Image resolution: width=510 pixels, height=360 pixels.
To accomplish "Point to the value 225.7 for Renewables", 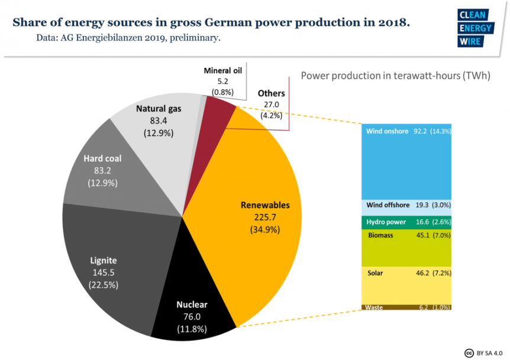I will click(265, 217).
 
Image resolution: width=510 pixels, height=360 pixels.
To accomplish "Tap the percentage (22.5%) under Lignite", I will click(104, 285).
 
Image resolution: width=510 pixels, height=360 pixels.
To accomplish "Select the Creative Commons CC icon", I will click(469, 353).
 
